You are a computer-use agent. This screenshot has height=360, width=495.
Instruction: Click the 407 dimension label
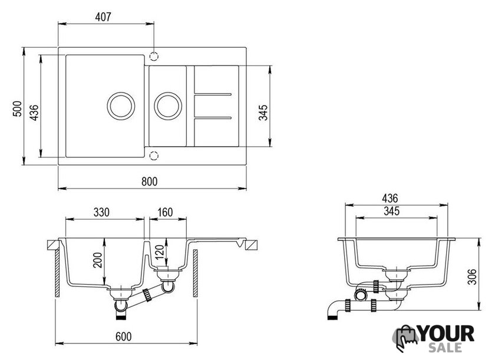click(103, 16)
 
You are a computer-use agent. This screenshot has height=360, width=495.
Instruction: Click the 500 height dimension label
click(17, 108)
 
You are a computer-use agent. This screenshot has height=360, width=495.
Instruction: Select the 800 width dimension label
click(149, 181)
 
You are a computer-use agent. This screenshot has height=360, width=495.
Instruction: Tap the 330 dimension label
click(101, 212)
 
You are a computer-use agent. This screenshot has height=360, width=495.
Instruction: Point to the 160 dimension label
click(165, 212)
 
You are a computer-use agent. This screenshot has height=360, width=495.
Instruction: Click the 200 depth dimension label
click(98, 260)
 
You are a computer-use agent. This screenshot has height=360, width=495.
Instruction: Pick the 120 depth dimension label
click(160, 252)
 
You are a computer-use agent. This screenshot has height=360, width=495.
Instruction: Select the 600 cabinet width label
click(123, 336)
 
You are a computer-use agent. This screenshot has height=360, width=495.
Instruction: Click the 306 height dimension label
click(472, 277)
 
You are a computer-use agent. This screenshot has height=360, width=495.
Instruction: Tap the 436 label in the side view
click(390, 198)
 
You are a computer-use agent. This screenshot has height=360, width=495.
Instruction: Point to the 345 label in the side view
click(391, 211)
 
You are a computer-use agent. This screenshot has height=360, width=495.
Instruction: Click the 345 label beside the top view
click(263, 113)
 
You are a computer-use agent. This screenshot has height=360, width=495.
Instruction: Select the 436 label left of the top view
click(34, 113)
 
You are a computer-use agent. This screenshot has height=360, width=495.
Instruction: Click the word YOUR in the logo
click(446, 334)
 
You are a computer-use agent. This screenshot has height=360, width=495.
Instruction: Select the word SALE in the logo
click(445, 348)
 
